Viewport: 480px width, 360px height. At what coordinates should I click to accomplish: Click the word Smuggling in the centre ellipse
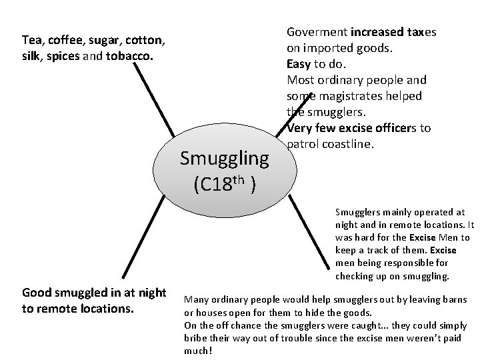click(225, 159)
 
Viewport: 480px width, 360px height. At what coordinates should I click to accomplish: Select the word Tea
click(31, 41)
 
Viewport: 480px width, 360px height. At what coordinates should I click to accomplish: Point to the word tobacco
click(131, 56)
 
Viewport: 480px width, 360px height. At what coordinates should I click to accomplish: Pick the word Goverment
click(317, 32)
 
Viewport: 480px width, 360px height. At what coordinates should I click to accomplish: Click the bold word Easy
click(299, 64)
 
